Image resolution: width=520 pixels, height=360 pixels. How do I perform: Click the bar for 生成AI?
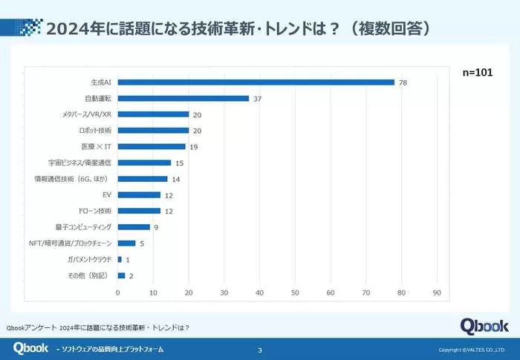tap(256, 82)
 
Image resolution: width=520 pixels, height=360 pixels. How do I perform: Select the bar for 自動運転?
tap(183, 98)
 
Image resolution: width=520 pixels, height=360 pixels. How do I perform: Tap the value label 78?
tap(403, 82)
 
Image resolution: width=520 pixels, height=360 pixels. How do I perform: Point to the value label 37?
tap(257, 99)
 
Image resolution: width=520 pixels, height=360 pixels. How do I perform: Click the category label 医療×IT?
tap(96, 146)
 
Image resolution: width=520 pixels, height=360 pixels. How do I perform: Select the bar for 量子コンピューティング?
tap(134, 227)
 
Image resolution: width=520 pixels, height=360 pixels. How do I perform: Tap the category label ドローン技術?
tap(94, 211)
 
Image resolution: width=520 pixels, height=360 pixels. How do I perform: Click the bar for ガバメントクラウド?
tap(120, 259)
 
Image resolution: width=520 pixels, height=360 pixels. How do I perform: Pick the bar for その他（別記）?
tap(121, 275)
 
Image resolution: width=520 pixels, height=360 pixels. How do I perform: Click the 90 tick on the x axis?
tap(437, 292)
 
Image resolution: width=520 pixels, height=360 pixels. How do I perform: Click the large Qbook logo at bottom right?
tap(484, 326)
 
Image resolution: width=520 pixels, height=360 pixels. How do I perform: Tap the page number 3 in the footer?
tap(259, 350)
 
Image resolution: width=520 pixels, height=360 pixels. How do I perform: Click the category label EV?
tap(106, 194)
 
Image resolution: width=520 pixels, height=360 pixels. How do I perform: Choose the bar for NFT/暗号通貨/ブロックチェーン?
tap(126, 243)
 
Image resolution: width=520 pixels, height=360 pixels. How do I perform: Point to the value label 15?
tap(178, 163)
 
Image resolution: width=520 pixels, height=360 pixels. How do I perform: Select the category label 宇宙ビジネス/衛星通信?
tap(79, 163)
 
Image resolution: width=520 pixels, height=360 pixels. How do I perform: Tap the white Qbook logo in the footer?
tap(30, 348)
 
